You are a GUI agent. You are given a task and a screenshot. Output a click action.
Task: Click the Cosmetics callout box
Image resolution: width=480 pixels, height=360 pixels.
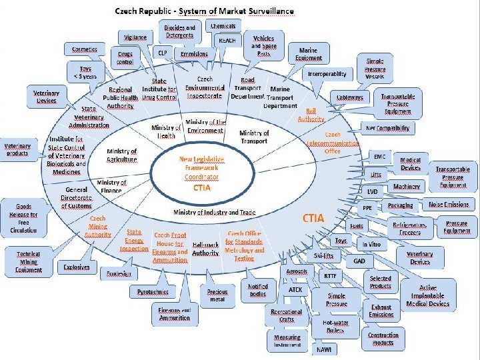coord(85,49)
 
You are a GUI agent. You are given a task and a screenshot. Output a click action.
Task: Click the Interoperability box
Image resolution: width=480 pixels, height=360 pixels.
coord(327,74)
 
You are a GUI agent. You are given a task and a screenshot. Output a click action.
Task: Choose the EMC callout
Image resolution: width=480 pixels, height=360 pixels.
coord(379,156)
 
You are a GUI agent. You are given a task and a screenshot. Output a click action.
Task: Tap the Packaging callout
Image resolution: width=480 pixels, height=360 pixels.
coord(400,206)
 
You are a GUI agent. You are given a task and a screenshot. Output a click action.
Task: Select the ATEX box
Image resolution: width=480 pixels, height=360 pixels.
coord(295,290)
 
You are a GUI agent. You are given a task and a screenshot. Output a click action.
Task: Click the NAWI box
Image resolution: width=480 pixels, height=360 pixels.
coord(324,349)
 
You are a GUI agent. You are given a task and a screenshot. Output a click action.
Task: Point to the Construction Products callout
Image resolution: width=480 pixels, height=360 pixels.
coord(383,339)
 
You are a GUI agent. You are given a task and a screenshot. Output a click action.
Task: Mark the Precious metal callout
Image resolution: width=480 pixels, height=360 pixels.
coord(217,295)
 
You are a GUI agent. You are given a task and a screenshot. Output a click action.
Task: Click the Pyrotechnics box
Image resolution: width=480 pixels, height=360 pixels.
coord(153,292)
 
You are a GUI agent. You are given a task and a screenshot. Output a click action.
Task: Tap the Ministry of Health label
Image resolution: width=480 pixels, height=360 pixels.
coord(166,131)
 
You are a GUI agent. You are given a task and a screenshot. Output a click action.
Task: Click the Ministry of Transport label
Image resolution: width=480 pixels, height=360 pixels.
coord(254,137)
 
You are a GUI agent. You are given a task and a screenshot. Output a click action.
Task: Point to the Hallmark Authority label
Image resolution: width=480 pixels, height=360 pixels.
coord(205,249)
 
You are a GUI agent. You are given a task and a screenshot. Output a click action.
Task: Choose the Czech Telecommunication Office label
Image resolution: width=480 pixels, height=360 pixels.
coord(324,143)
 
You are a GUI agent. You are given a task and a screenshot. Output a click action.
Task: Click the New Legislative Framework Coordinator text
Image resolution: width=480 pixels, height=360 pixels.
coord(201,168)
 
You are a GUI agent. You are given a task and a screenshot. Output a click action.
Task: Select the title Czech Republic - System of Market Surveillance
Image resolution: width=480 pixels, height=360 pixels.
coord(196,11)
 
